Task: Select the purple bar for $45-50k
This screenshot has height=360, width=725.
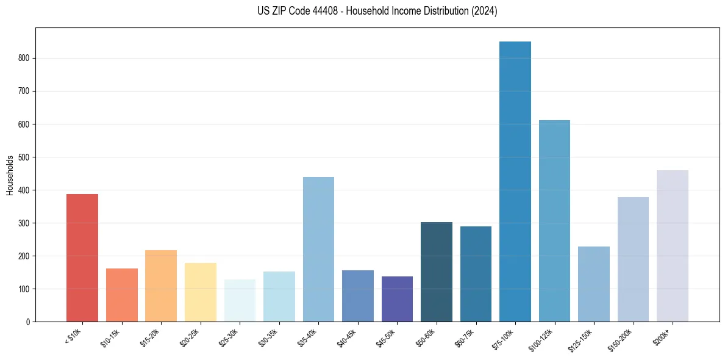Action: click(x=397, y=299)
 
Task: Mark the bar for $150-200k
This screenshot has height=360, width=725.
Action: click(x=633, y=259)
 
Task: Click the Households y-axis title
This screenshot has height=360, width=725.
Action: click(x=10, y=175)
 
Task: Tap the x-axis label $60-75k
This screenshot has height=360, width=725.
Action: click(x=465, y=337)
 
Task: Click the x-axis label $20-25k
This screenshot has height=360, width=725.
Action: click(x=189, y=337)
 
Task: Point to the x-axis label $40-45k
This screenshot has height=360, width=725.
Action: click(x=346, y=337)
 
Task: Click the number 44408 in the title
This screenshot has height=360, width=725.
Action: click(x=320, y=11)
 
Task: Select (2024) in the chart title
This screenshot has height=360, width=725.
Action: click(x=485, y=11)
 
